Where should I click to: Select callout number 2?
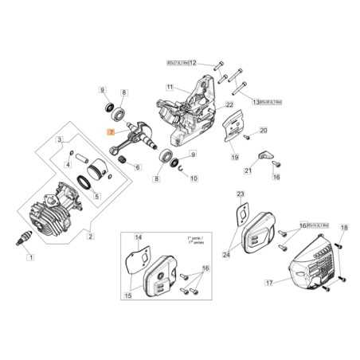90,236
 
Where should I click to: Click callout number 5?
97,197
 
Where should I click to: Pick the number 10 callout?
194,178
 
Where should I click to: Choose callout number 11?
170,86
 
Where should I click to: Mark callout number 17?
269,282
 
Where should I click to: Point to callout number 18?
345,229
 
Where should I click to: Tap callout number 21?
248,171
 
